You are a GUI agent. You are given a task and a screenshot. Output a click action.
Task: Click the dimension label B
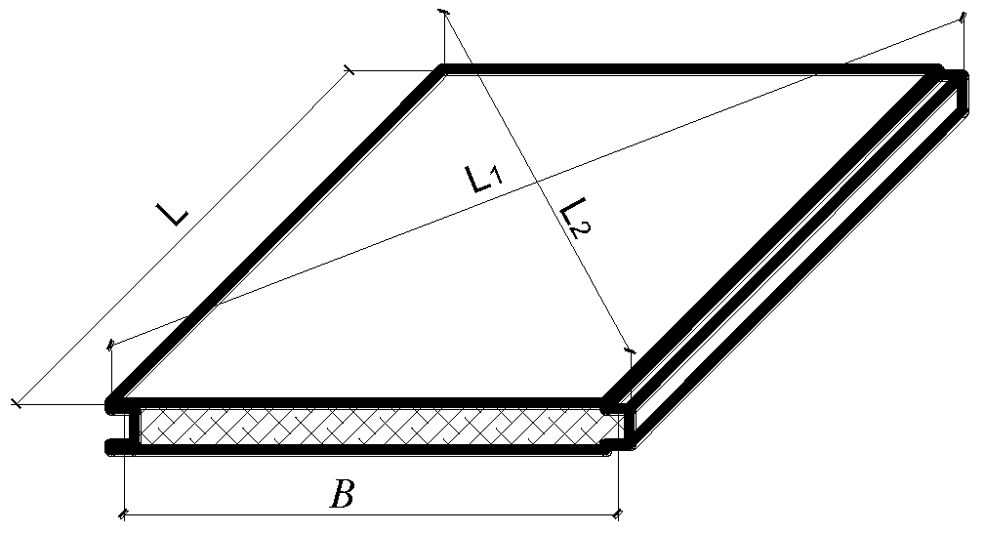(x=341, y=496)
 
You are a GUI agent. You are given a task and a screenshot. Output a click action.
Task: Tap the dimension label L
(x=176, y=212)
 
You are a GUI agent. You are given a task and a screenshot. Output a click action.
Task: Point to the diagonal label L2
(x=576, y=217)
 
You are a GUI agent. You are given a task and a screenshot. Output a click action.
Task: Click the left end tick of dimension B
(x=124, y=513)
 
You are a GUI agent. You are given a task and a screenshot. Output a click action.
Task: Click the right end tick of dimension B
(x=619, y=513)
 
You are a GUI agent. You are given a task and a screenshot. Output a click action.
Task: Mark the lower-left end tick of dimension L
(x=17, y=402)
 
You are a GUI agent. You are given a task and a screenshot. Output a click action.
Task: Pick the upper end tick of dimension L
(x=349, y=69)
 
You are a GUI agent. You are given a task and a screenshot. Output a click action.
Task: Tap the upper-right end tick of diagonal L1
(x=963, y=17)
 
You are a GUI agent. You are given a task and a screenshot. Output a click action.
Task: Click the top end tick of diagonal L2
(x=444, y=12)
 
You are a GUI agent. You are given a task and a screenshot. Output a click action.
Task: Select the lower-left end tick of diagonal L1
(x=111, y=343)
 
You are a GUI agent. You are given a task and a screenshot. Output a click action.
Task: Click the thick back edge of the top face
(x=683, y=69)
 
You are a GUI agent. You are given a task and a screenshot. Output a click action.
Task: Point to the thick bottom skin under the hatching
(x=371, y=448)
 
